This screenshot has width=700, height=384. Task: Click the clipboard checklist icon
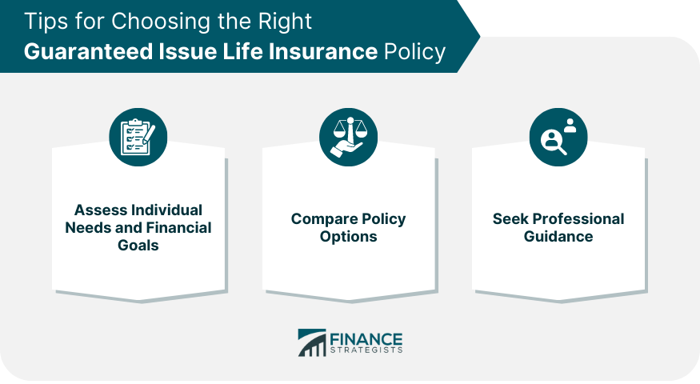pyautogui.click(x=138, y=137)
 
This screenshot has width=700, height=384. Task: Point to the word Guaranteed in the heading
pyautogui.click(x=88, y=51)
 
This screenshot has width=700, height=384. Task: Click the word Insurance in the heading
pyautogui.click(x=322, y=51)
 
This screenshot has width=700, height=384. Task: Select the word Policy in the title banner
pyautogui.click(x=414, y=52)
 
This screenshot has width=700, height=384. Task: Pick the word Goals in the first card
pyautogui.click(x=138, y=245)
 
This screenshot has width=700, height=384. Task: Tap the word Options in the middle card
pyautogui.click(x=348, y=237)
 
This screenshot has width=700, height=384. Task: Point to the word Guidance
pyautogui.click(x=558, y=236)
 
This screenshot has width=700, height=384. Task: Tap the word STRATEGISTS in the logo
pyautogui.click(x=366, y=350)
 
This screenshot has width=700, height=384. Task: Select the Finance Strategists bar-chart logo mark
pyautogui.click(x=312, y=342)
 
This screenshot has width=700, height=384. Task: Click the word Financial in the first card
pyautogui.click(x=178, y=228)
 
